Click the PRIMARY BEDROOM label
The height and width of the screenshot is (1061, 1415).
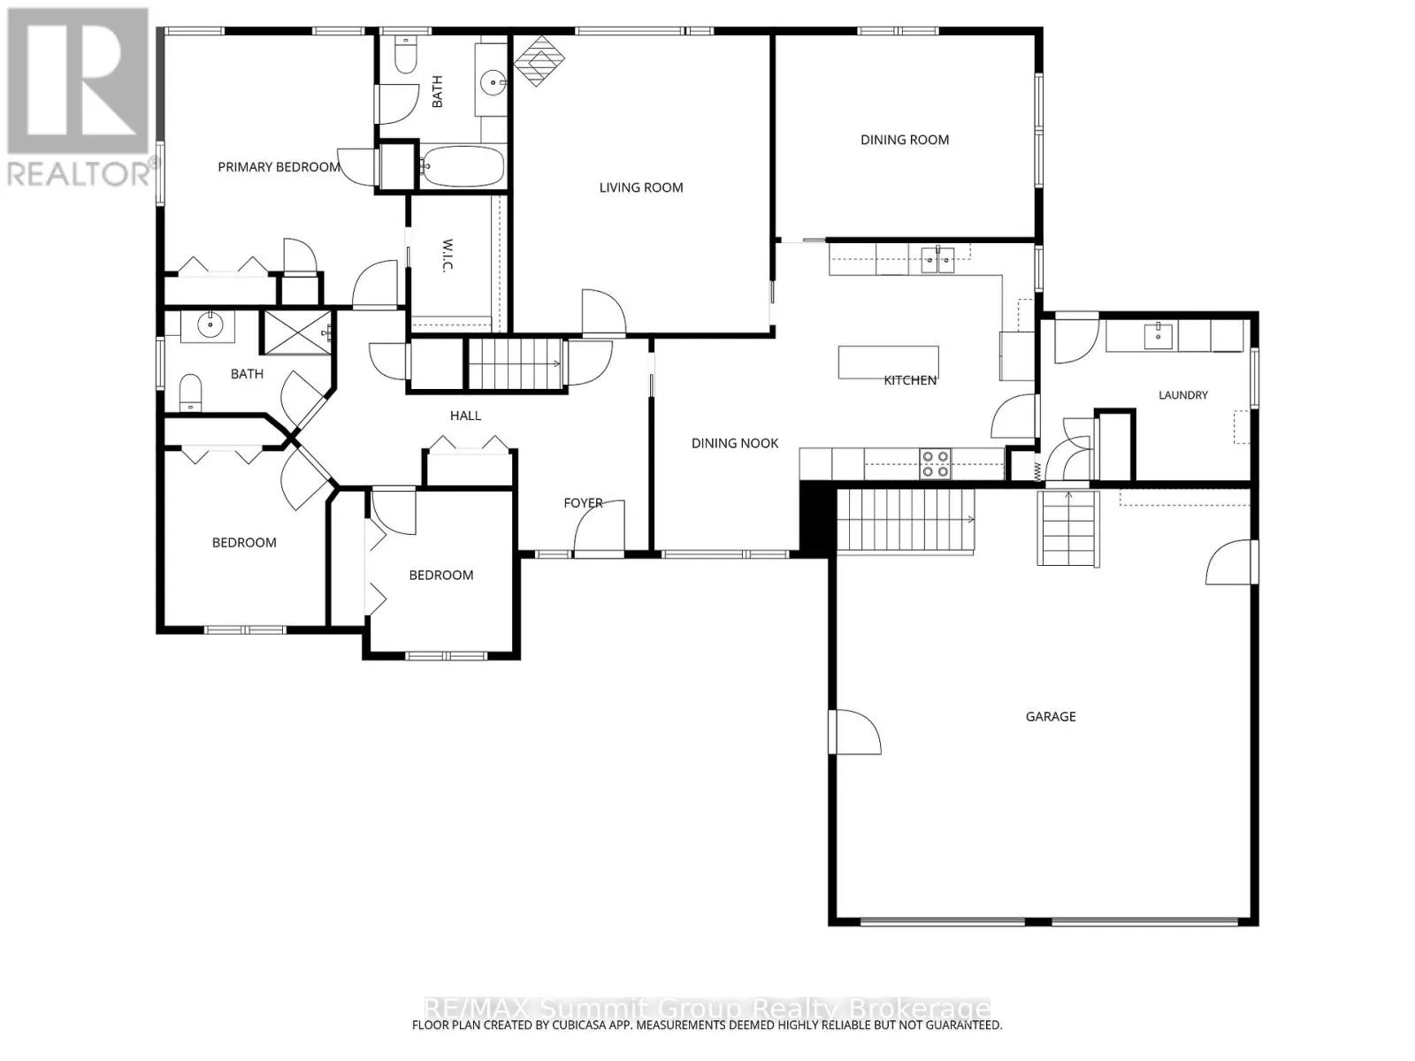279,167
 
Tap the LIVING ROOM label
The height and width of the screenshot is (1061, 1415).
641,187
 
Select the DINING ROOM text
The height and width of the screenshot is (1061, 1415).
905,140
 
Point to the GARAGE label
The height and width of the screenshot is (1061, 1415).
1050,716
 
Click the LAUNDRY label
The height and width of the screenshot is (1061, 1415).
1183,395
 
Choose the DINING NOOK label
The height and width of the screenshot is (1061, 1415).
734,443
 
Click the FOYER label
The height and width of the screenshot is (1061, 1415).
584,502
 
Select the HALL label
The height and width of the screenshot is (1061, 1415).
465,416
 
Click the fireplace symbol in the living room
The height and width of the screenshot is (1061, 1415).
539,60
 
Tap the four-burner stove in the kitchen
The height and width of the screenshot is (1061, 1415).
936,464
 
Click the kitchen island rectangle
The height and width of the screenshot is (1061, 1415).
888,362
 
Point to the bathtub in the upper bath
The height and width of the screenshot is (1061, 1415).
463,167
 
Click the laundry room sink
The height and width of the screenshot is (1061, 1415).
1159,336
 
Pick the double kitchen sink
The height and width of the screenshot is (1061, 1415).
937,260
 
